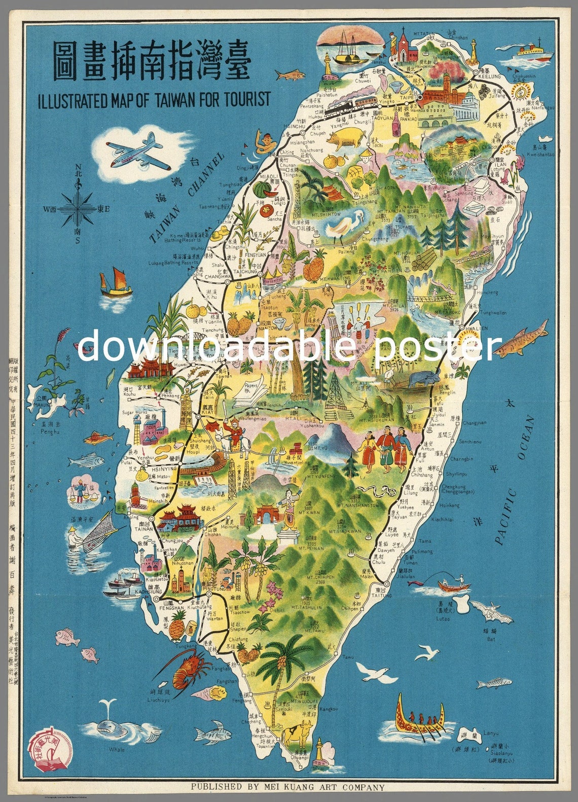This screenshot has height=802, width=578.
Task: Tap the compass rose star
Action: [x=77, y=209]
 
